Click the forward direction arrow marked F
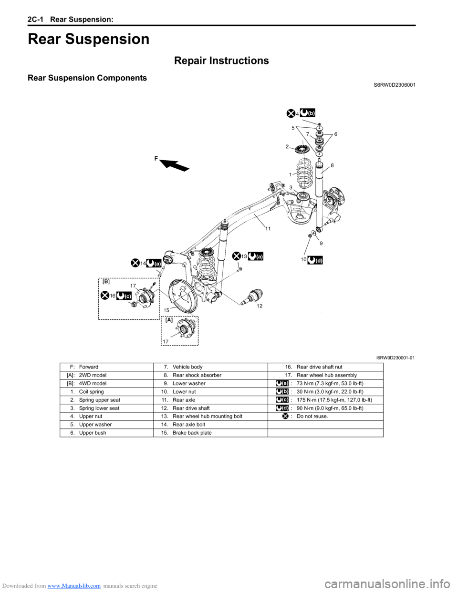pos(175,164)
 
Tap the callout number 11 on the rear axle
pos(268,229)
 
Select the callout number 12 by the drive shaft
pos(260,306)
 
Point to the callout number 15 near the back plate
pos(167,310)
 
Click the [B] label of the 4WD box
pos(106,282)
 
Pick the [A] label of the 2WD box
pos(169,320)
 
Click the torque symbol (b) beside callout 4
pos(308,113)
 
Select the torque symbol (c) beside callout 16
pos(124,296)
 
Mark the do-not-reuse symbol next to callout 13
pos(236,256)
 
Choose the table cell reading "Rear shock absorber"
pos(197,375)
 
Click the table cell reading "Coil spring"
pos(91,392)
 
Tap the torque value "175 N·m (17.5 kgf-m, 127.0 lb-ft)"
pos(334,400)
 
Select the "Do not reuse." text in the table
pos(312,416)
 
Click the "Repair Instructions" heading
pos(221,61)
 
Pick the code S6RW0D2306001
pos(391,85)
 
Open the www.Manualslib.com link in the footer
pos(74,586)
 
